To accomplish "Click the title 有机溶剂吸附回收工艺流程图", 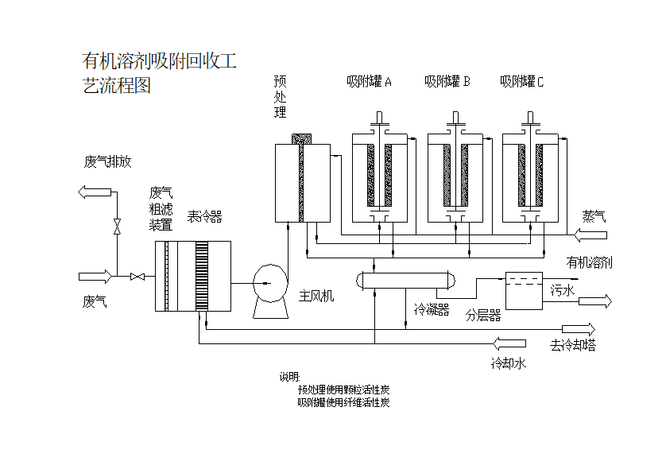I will pyautogui.click(x=159, y=72).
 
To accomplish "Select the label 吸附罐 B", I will pyautogui.click(x=447, y=81).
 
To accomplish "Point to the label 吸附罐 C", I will pyautogui.click(x=521, y=81).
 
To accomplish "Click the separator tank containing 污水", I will pyautogui.click(x=525, y=291).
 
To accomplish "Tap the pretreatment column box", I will pyautogui.click(x=302, y=183).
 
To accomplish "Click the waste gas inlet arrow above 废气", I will pyautogui.click(x=95, y=276).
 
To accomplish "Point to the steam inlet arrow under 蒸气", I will pyautogui.click(x=590, y=234).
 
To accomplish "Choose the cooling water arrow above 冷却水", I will pyautogui.click(x=509, y=343).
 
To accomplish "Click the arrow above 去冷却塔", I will pyautogui.click(x=578, y=329).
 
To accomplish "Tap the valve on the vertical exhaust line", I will pyautogui.click(x=117, y=226).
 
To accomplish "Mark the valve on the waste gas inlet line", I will pyautogui.click(x=137, y=276).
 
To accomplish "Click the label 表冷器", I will pyautogui.click(x=204, y=216).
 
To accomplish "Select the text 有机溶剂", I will pyautogui.click(x=589, y=262).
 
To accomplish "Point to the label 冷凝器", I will pyautogui.click(x=432, y=309).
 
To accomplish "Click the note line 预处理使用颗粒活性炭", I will pyautogui.click(x=343, y=390).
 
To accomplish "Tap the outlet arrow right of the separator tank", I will pyautogui.click(x=595, y=300).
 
